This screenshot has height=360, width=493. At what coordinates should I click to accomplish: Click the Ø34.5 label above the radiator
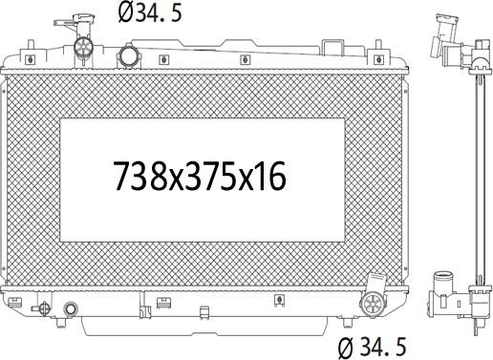(x=150, y=13)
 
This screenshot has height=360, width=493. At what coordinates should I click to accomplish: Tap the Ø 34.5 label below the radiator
(x=373, y=347)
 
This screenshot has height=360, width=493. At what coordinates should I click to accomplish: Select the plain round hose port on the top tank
(x=129, y=55)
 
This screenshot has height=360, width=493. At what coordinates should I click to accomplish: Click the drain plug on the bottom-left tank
(x=42, y=308)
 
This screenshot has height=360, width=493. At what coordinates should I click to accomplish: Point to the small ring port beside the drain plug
(x=71, y=308)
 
